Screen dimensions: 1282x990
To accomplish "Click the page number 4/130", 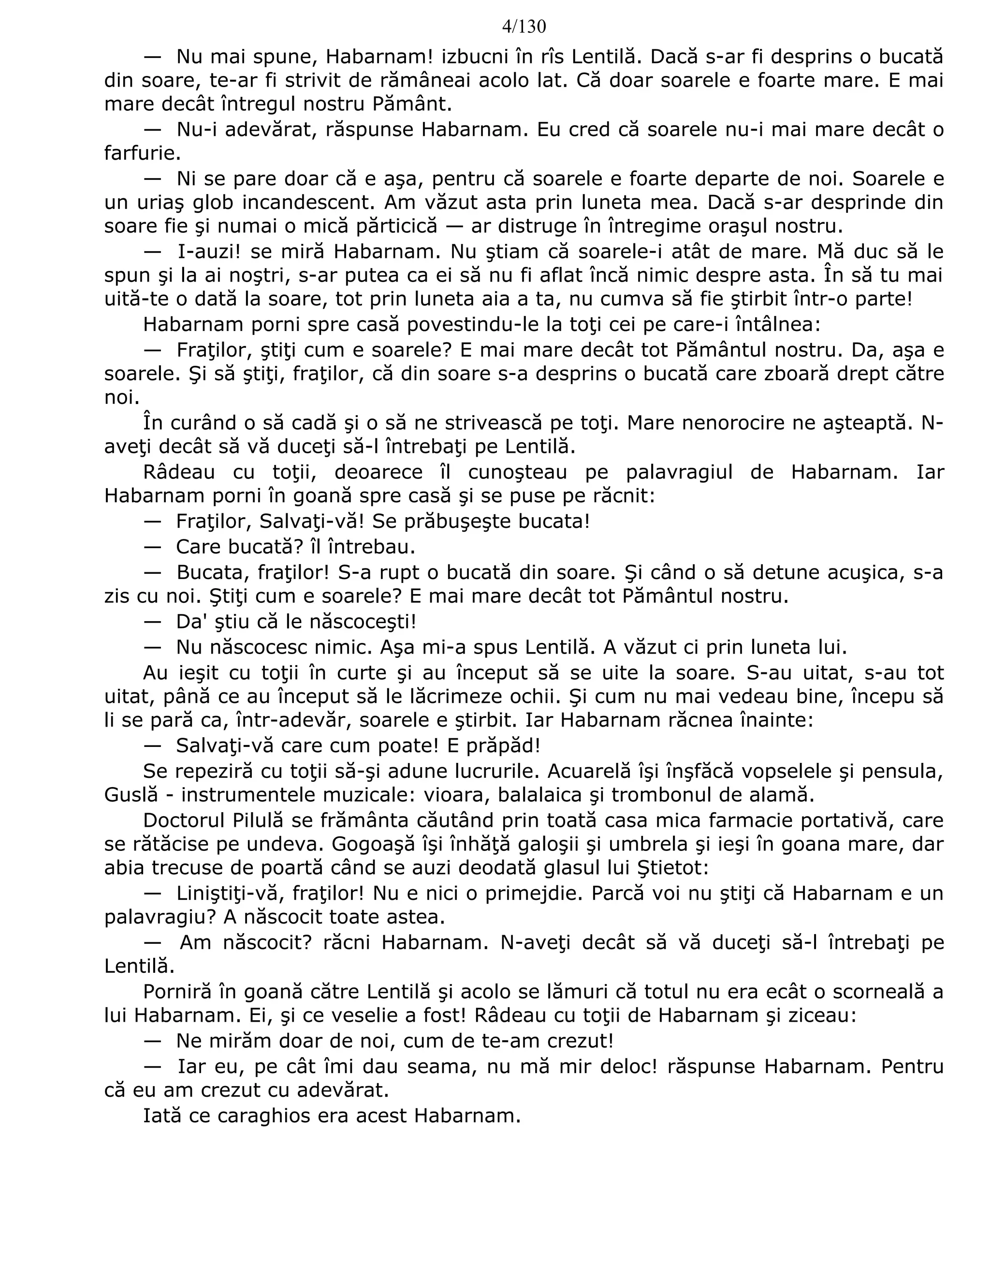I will coord(524,27).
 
